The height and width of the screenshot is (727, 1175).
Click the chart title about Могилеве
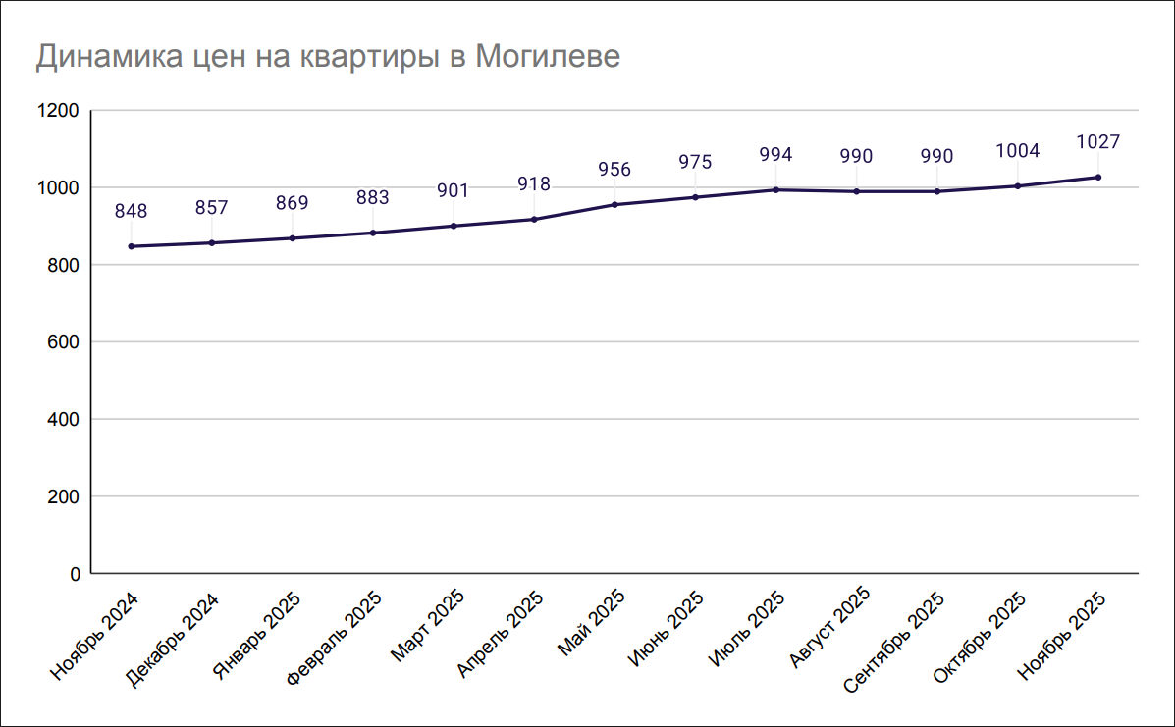[x=328, y=56]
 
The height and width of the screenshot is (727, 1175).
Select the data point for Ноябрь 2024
[x=132, y=246]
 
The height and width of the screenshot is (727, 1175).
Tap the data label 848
[x=132, y=211]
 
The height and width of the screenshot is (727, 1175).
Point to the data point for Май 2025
[x=614, y=204]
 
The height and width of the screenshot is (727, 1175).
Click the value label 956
[x=614, y=170]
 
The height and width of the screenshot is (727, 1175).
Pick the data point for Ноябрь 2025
[x=1098, y=177]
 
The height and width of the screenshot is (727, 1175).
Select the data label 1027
[x=1098, y=142]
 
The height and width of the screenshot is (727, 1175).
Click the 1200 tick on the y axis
[x=57, y=111]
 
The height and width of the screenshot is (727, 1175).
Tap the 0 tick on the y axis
[x=73, y=574]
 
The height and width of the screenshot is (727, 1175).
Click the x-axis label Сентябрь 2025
[x=895, y=640]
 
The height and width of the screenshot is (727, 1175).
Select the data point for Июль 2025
[x=776, y=189]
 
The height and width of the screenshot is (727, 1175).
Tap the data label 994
[x=776, y=155]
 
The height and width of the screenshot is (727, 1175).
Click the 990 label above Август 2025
[x=857, y=157]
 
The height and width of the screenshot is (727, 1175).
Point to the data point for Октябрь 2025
[x=1018, y=185]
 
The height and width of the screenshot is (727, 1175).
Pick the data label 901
[x=454, y=191]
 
